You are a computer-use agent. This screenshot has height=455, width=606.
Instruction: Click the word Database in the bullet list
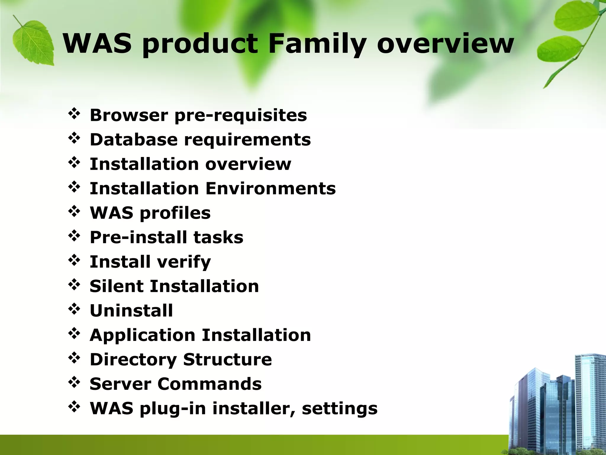pos(133,140)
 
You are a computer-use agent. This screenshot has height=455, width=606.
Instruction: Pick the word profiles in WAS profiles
pos(175,213)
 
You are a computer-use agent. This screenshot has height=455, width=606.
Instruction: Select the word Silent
pos(117,286)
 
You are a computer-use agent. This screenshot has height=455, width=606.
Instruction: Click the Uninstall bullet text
pos(131,311)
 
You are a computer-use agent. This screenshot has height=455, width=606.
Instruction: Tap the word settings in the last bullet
pos(339,409)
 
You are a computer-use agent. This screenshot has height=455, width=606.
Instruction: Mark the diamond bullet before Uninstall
pos(74,310)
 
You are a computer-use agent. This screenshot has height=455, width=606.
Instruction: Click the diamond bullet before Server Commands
pos(74,383)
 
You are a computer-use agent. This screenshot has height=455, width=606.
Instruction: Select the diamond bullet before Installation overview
pos(74,163)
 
